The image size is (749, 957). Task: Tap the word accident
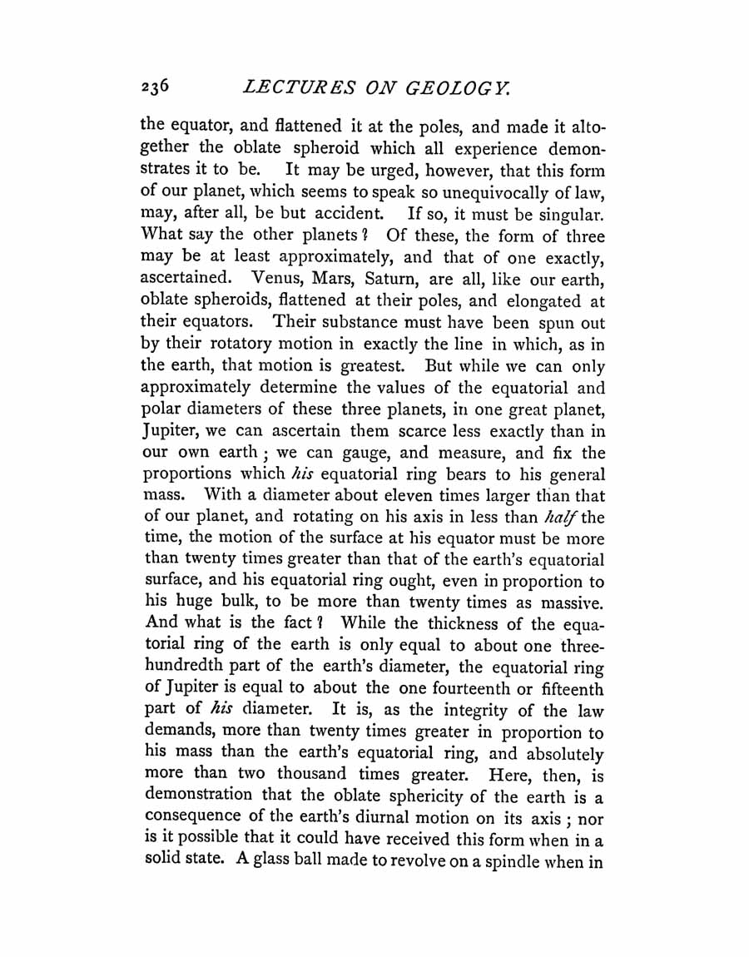(321, 214)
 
